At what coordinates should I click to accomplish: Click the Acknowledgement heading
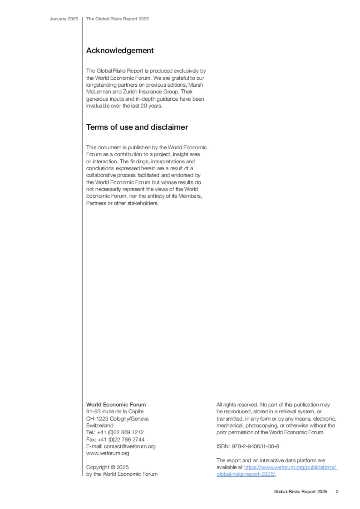[120, 50]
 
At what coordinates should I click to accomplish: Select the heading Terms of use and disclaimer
[137, 127]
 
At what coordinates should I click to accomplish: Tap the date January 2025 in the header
[64, 19]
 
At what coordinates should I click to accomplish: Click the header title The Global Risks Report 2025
[117, 19]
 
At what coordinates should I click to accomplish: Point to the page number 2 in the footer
[337, 492]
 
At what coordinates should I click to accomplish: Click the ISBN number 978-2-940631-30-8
[255, 446]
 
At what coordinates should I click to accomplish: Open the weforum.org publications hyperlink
[290, 467]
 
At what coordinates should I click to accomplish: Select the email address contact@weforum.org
[130, 446]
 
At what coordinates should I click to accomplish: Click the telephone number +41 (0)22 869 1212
[120, 432]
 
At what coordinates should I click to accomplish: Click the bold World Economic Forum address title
[116, 405]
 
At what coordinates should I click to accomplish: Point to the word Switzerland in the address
[100, 425]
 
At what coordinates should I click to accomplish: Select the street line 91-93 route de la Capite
[115, 412]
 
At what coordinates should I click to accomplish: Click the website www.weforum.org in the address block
[107, 453]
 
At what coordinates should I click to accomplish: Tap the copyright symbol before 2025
[113, 467]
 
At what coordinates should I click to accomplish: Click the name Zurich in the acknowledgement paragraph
[130, 92]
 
